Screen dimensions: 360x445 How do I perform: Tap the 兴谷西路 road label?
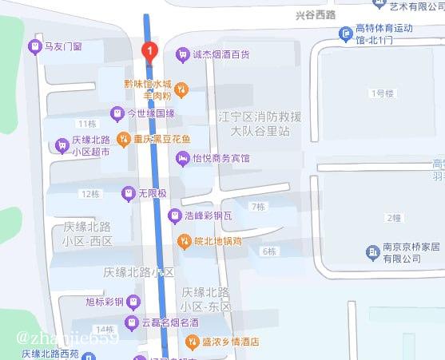(316, 14)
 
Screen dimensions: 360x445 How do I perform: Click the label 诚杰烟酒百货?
(221, 54)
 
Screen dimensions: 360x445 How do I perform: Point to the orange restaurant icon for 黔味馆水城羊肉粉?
(183, 89)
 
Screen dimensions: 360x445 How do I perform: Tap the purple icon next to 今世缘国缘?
(117, 113)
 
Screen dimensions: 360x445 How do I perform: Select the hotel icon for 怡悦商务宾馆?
(183, 158)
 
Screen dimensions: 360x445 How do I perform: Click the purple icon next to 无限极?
(127, 193)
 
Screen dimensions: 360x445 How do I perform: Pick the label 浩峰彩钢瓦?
(209, 216)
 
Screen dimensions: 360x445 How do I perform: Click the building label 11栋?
(86, 124)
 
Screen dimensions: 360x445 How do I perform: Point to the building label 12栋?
(90, 194)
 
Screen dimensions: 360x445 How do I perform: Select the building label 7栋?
(257, 207)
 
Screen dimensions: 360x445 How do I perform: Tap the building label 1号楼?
(383, 93)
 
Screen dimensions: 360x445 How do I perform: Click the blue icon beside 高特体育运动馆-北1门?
(345, 33)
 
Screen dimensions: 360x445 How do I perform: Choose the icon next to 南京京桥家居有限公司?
(372, 252)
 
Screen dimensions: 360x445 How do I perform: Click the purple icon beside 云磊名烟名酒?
(133, 322)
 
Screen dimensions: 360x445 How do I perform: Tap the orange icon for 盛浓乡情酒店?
(192, 342)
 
